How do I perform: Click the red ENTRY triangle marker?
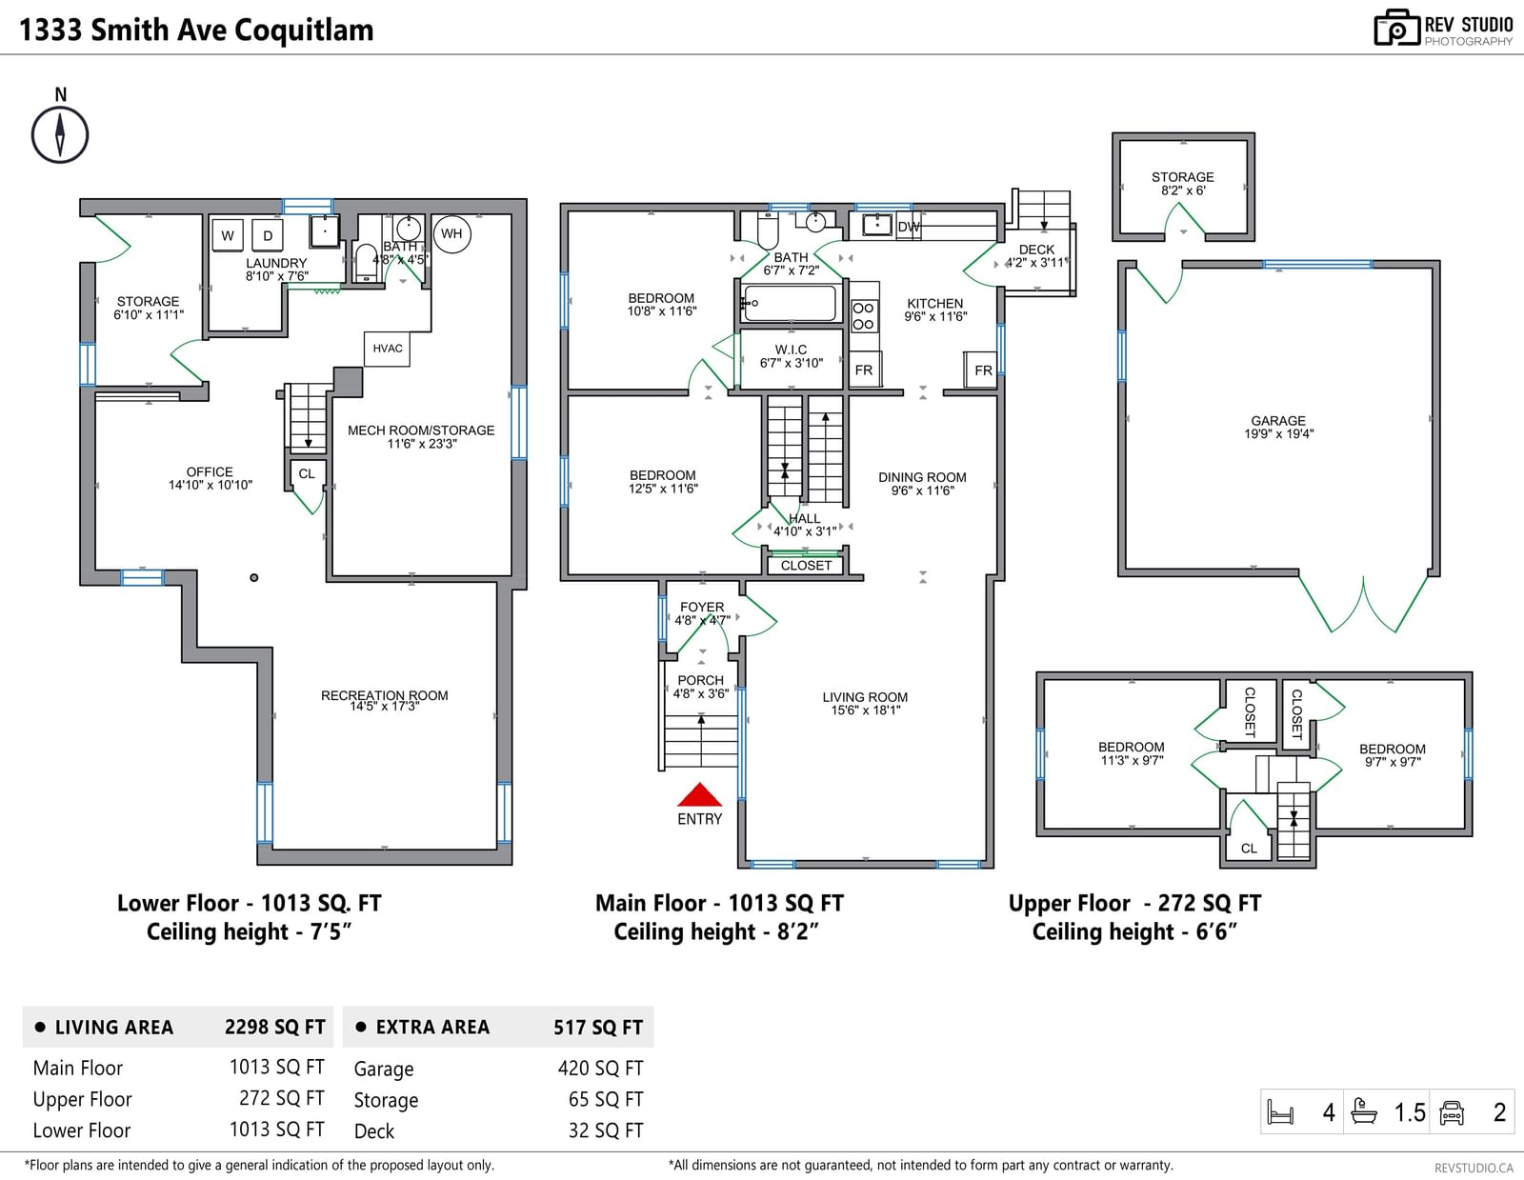pyautogui.click(x=699, y=795)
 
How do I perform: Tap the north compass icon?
pyautogui.click(x=60, y=134)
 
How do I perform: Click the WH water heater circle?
pyautogui.click(x=451, y=233)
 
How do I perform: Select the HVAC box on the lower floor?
pyautogui.click(x=388, y=349)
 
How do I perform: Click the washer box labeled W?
pyautogui.click(x=228, y=235)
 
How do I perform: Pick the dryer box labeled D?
pyautogui.click(x=268, y=235)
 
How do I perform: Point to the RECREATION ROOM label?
pyautogui.click(x=384, y=695)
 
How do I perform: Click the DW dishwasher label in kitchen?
pyautogui.click(x=909, y=227)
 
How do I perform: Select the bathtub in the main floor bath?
pyautogui.click(x=790, y=304)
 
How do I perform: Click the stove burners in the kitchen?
pyautogui.click(x=863, y=316)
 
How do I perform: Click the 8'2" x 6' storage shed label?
pyautogui.click(x=1182, y=190)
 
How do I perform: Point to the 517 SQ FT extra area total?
pyautogui.click(x=597, y=1027)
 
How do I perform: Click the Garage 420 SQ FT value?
pyautogui.click(x=600, y=1069)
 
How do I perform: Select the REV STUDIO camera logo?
pyautogui.click(x=1396, y=28)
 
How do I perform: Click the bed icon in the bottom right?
pyautogui.click(x=1280, y=1111)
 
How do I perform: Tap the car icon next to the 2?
pyautogui.click(x=1452, y=1111)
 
